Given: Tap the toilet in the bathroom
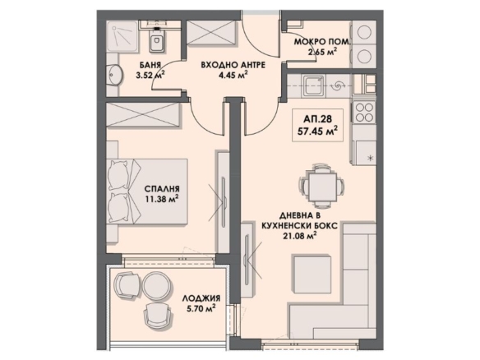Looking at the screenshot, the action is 158,39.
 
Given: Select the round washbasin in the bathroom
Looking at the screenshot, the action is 115,75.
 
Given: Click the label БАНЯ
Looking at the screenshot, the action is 150,65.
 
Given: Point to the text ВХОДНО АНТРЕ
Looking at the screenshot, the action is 233,65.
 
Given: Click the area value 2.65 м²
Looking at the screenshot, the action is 323,52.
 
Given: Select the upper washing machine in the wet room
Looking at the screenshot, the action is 364,32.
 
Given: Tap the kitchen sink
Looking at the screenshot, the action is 313,85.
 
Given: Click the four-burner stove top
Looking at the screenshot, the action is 364,112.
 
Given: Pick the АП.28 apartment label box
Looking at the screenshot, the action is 317,125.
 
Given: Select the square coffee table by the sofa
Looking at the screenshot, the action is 312,274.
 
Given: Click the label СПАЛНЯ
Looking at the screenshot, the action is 162,188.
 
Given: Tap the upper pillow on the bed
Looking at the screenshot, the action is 119,175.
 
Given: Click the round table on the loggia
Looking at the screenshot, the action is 157,285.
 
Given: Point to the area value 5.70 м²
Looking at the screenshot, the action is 201,308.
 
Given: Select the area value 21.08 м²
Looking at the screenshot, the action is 299,236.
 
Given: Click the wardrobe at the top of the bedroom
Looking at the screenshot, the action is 142,115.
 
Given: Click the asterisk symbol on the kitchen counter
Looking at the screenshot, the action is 370,158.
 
